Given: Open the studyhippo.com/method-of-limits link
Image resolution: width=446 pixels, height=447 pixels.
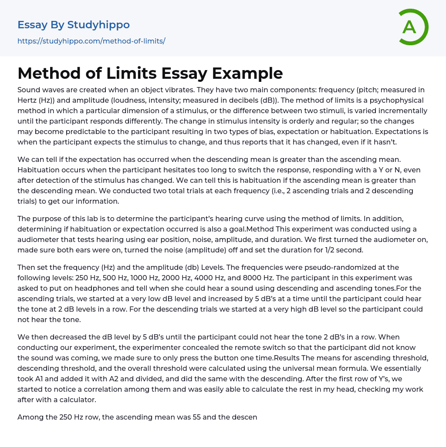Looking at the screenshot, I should [91, 41].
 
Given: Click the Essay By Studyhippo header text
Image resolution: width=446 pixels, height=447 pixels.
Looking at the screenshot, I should [74, 25].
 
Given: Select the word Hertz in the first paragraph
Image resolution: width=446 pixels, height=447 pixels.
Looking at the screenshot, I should [28, 100].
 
